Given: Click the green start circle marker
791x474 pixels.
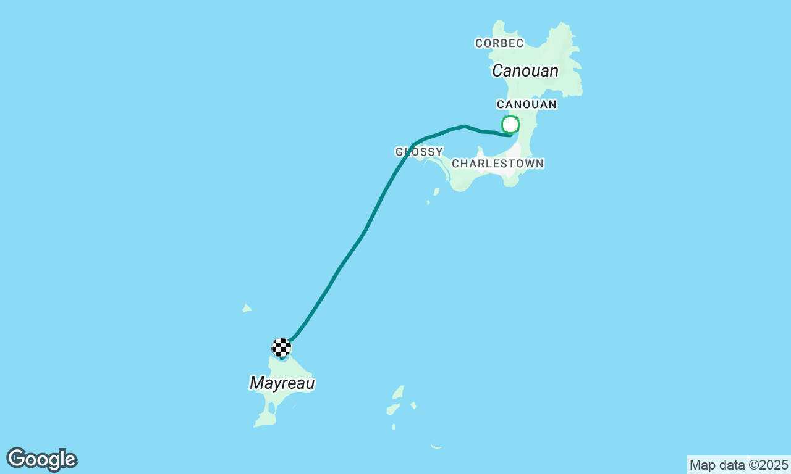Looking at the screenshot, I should pos(510,125).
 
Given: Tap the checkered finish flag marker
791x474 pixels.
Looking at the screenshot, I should pos(281,347).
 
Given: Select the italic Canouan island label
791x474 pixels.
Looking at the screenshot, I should pos(525,71).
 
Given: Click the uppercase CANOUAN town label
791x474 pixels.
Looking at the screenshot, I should pos(527,104).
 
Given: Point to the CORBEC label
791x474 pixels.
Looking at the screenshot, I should pos(499,43).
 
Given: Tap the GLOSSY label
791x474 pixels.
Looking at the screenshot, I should pos(419,152).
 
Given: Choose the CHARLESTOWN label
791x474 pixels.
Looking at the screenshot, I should pos(497,164).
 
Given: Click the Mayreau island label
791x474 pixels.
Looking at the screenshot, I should pos(282,383).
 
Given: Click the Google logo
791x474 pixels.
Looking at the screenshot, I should pos(41,460).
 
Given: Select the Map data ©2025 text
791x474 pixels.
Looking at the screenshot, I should pos(738,465).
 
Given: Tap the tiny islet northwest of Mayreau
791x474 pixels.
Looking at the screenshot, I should pos(247,308).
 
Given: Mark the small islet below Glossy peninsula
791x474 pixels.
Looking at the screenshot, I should pos(436,192).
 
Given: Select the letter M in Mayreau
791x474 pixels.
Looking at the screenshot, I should pos(256,383).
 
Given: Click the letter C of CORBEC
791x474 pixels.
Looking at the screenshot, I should pos(478,43).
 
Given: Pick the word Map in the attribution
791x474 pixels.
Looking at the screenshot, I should pos(701,465).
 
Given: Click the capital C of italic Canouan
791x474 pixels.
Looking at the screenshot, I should pos(498,71).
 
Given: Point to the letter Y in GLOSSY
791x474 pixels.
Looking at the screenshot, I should pos(439,152).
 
